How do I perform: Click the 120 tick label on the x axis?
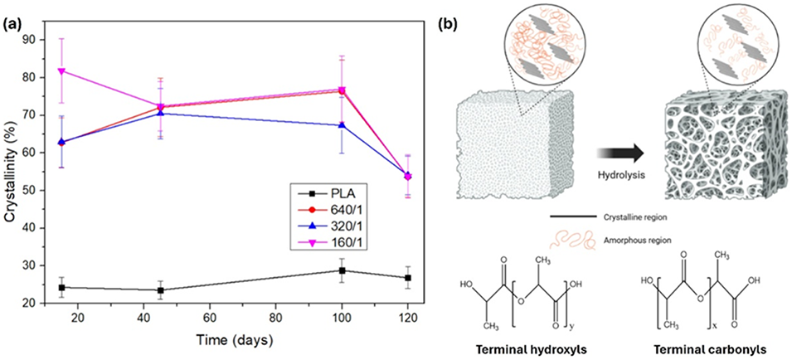point(407,318)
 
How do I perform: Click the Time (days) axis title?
point(235,340)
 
